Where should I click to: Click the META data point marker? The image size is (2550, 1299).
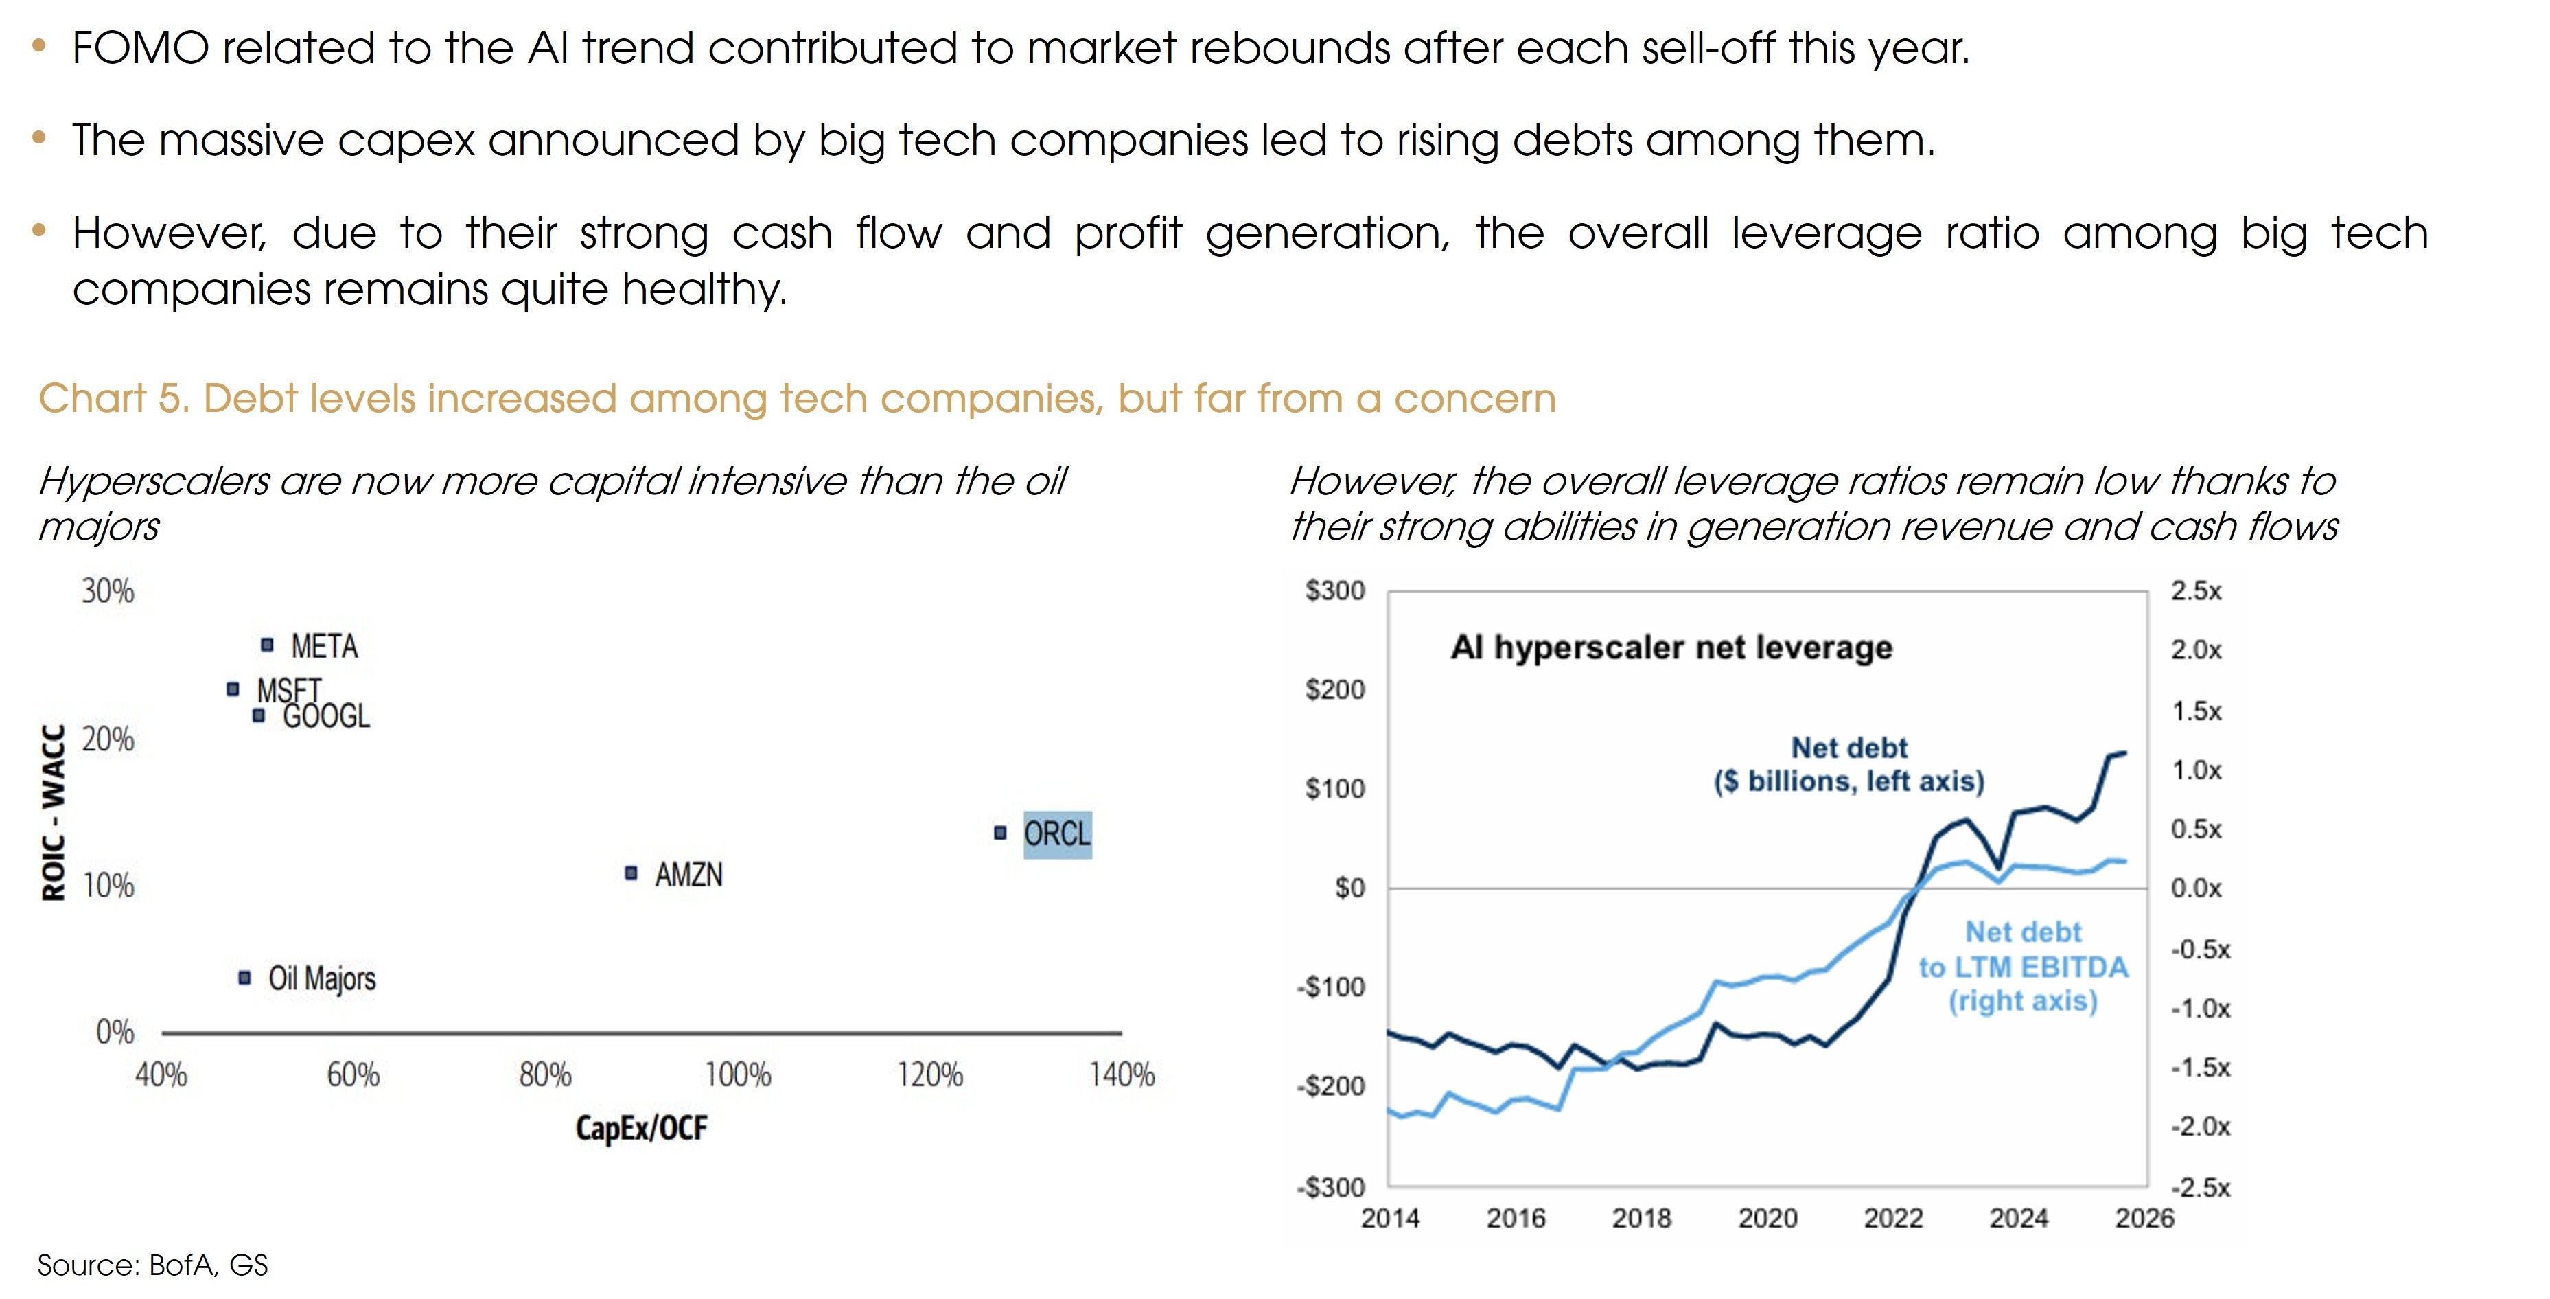coord(266,645)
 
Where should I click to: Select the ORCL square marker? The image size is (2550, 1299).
coord(1000,833)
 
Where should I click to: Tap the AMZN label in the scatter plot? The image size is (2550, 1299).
coord(688,874)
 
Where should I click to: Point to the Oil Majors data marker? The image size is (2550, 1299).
coord(244,977)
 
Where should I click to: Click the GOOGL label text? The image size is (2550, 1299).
coord(327,716)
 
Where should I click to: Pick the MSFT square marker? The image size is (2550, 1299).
coord(233,688)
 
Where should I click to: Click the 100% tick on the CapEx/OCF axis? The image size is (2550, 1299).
coord(737,1074)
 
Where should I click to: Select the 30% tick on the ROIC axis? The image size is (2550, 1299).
coord(107,591)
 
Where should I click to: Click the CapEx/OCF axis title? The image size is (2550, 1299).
coord(642,1128)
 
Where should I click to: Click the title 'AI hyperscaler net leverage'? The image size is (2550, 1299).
coord(1671,647)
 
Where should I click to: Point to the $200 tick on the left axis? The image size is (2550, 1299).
coord(1334,689)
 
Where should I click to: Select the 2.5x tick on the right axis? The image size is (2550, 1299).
coord(2196,591)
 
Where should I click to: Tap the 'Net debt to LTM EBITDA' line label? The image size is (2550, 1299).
coord(2022,966)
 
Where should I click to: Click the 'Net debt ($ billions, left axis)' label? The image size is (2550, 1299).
coord(1848,764)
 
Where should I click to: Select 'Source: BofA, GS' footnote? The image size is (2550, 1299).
coord(152,1265)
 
